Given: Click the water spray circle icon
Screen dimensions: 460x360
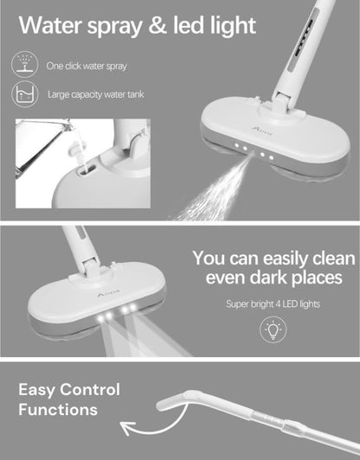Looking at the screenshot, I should click(25, 64).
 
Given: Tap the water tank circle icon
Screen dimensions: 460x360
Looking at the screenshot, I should click(25, 95).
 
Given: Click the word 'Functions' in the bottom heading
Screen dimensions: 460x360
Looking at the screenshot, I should click(58, 410).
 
